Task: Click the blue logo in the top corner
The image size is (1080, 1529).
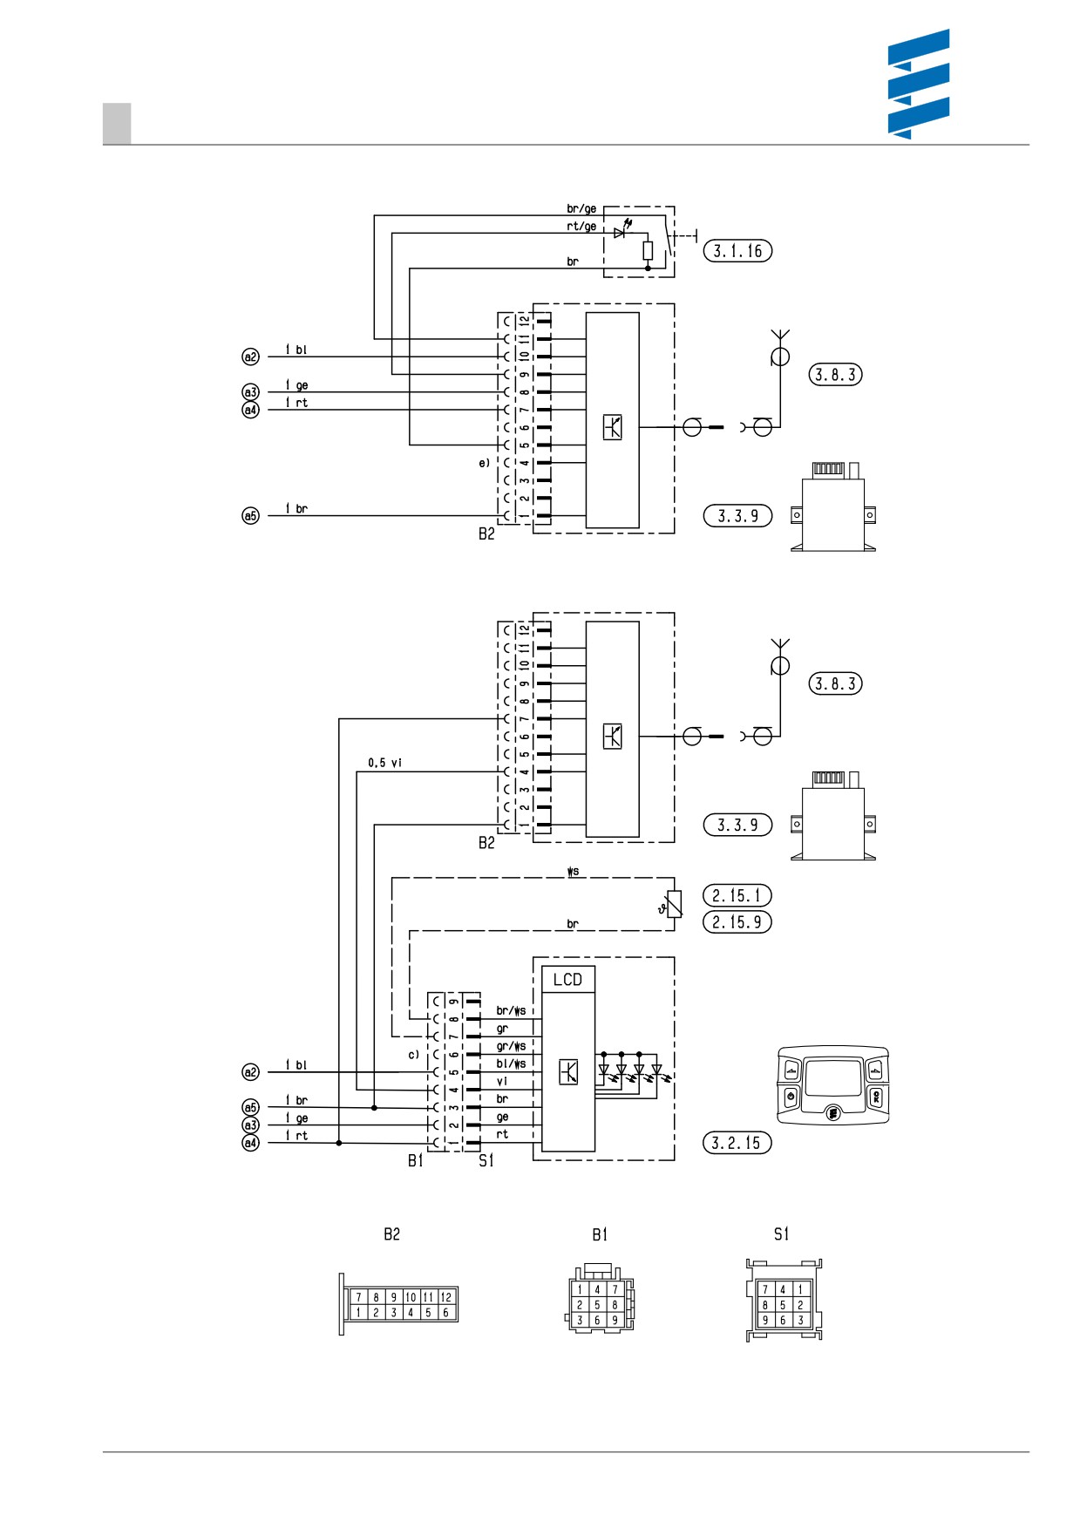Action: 919,84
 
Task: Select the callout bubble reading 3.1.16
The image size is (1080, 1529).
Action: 737,251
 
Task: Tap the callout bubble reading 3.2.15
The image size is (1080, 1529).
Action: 737,1143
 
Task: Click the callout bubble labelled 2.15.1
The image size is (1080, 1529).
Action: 737,895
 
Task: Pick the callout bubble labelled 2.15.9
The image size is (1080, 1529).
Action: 737,922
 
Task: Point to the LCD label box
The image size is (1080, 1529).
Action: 568,979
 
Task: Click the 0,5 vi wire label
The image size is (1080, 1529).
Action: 384,763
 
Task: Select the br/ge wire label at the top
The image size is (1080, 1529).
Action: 581,208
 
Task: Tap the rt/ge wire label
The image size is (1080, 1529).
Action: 581,226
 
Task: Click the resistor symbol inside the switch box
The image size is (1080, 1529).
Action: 648,251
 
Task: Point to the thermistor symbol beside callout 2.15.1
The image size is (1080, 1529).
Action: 672,905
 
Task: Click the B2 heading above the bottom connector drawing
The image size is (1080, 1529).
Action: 392,1234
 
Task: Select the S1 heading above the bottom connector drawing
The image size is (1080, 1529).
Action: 781,1234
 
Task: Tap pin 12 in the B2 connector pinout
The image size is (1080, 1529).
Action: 446,1297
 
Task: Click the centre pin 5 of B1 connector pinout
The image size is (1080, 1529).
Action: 597,1305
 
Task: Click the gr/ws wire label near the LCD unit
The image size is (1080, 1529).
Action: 511,1046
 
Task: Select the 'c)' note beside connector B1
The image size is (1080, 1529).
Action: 414,1055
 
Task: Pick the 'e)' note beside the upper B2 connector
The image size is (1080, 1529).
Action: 485,463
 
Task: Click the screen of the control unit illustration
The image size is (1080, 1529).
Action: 832,1077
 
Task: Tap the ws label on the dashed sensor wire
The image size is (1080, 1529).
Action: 573,872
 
